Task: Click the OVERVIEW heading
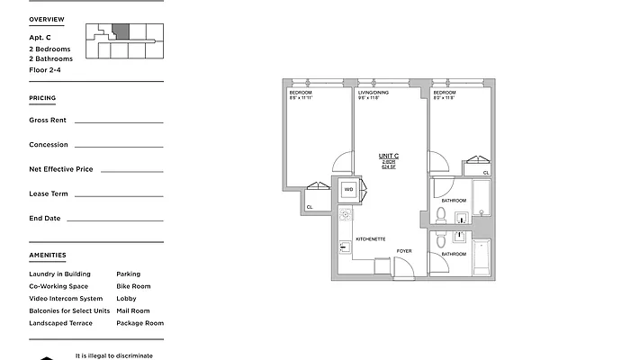[47, 19]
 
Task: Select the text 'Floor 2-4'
[45, 69]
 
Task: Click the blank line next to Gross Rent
[118, 120]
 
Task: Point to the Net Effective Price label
[61, 169]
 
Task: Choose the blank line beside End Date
[114, 219]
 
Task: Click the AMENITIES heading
[47, 256]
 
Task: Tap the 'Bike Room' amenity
[133, 286]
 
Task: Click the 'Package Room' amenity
[140, 323]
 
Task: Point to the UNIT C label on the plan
[389, 157]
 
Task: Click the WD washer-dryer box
[348, 190]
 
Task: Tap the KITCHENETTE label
[370, 238]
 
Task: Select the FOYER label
[404, 251]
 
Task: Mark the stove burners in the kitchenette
[344, 217]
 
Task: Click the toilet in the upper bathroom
[440, 215]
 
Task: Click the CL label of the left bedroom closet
[310, 207]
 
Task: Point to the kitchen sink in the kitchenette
[344, 246]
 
